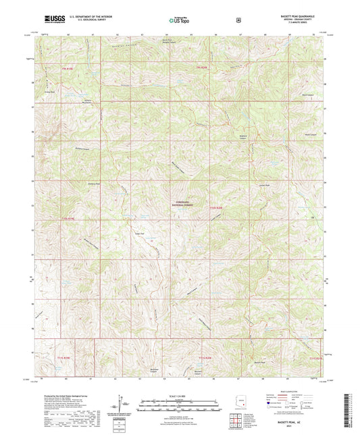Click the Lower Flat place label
[x=140, y=232]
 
